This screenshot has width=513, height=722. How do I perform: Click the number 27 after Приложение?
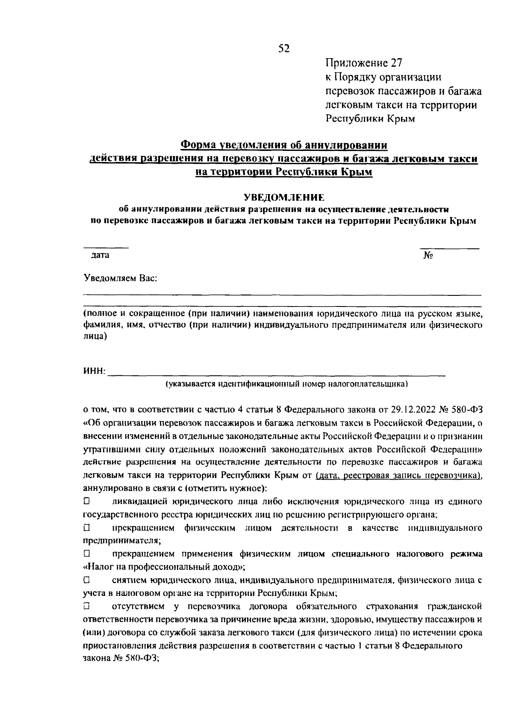click(x=396, y=63)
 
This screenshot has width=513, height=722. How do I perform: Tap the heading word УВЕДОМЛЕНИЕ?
click(x=284, y=197)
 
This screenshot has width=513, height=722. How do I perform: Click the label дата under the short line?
click(x=100, y=255)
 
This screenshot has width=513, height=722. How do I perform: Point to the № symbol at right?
click(x=429, y=256)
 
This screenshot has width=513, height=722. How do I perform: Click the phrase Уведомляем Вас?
click(x=121, y=278)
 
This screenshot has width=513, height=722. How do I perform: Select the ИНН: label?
click(x=94, y=371)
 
